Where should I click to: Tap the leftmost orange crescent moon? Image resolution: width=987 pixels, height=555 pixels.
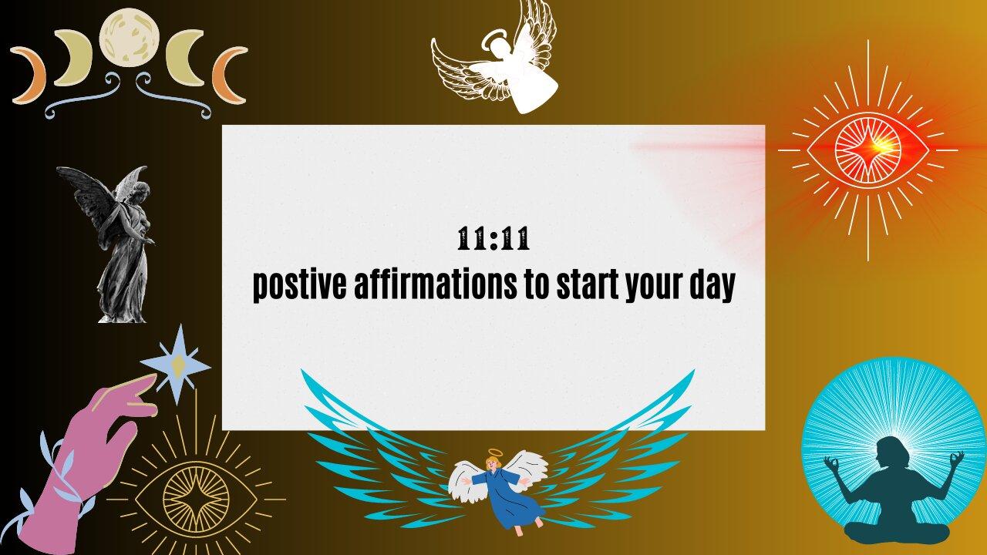pos(29,75)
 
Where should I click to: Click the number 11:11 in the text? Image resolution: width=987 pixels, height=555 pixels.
pos(493,240)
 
